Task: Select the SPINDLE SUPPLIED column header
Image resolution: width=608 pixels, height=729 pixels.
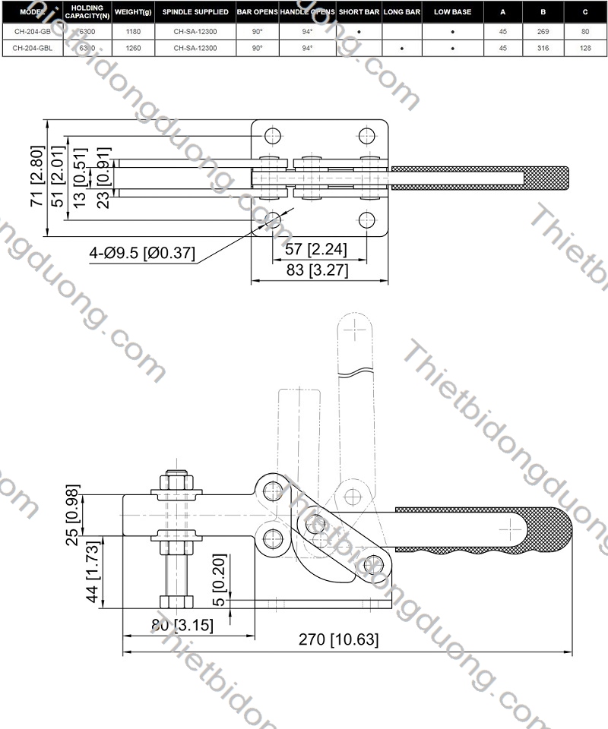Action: pos(195,12)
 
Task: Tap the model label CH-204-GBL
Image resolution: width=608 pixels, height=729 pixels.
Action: pos(32,48)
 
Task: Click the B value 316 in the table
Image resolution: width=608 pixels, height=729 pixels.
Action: pos(543,48)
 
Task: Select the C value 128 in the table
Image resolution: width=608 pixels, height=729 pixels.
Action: pos(585,48)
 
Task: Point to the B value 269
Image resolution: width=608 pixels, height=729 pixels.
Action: pos(543,33)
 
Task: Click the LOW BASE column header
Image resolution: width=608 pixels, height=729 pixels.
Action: pos(452,12)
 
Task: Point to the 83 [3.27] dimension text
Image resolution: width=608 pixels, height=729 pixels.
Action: pos(318,270)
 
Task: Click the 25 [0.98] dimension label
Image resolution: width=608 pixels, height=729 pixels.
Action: pos(72,515)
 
